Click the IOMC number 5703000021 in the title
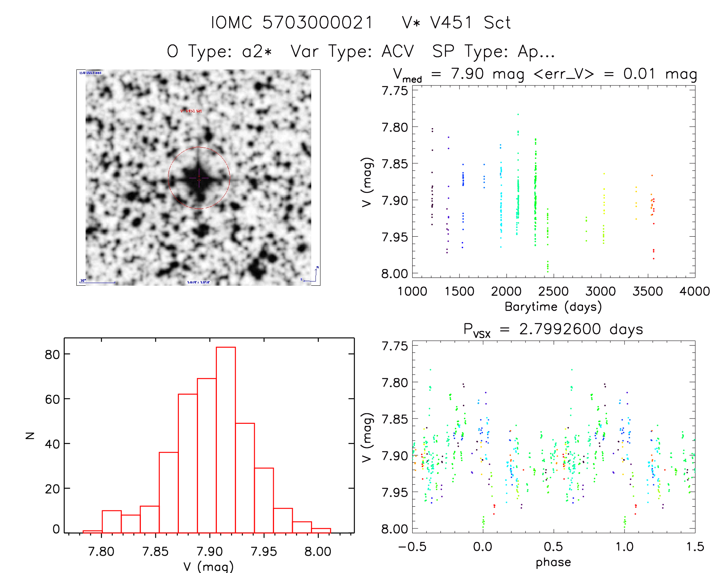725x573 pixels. [x=317, y=23]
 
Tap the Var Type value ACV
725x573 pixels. [x=398, y=51]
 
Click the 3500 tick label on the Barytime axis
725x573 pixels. [x=647, y=291]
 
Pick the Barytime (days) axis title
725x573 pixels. [x=553, y=307]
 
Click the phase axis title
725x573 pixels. [x=553, y=562]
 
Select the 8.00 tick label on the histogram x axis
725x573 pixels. [x=317, y=552]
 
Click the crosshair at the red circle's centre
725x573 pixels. [x=199, y=178]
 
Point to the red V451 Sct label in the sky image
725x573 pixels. [x=191, y=111]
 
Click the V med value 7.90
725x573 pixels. [x=467, y=74]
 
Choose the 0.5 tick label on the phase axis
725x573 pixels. [x=553, y=547]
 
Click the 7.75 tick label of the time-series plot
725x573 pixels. [x=395, y=91]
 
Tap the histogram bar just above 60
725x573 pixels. [x=188, y=460]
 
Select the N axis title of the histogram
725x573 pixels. [x=30, y=435]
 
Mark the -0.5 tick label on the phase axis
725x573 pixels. [x=412, y=547]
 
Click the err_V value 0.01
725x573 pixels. [x=639, y=74]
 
